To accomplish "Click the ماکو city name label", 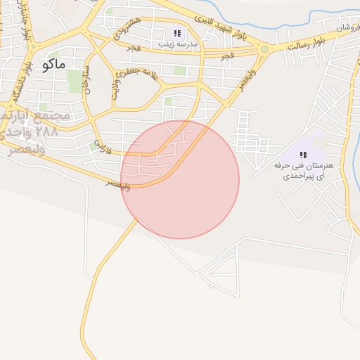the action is [53, 65].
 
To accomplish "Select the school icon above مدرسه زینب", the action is [178, 33].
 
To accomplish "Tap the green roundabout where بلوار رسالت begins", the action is [264, 49].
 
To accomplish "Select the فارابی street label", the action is [96, 146].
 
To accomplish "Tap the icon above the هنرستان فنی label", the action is [304, 155].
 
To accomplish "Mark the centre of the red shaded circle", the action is [180, 179].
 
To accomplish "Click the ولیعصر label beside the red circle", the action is [117, 184].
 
